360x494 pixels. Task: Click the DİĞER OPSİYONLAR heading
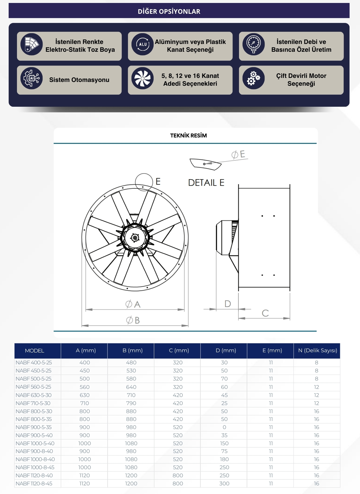[x=169, y=11]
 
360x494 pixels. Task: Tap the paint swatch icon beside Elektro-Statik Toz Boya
[x=32, y=44]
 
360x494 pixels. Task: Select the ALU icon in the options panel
[x=143, y=44]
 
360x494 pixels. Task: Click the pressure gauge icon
[x=254, y=44]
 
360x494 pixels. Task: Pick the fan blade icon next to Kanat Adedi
[x=143, y=78]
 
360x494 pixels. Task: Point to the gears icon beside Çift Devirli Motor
[x=254, y=78]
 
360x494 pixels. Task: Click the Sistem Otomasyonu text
[x=79, y=80]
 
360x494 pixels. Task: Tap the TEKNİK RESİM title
[x=188, y=136]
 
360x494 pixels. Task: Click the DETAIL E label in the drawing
[x=206, y=183]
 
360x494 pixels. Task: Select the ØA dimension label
[x=133, y=304]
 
